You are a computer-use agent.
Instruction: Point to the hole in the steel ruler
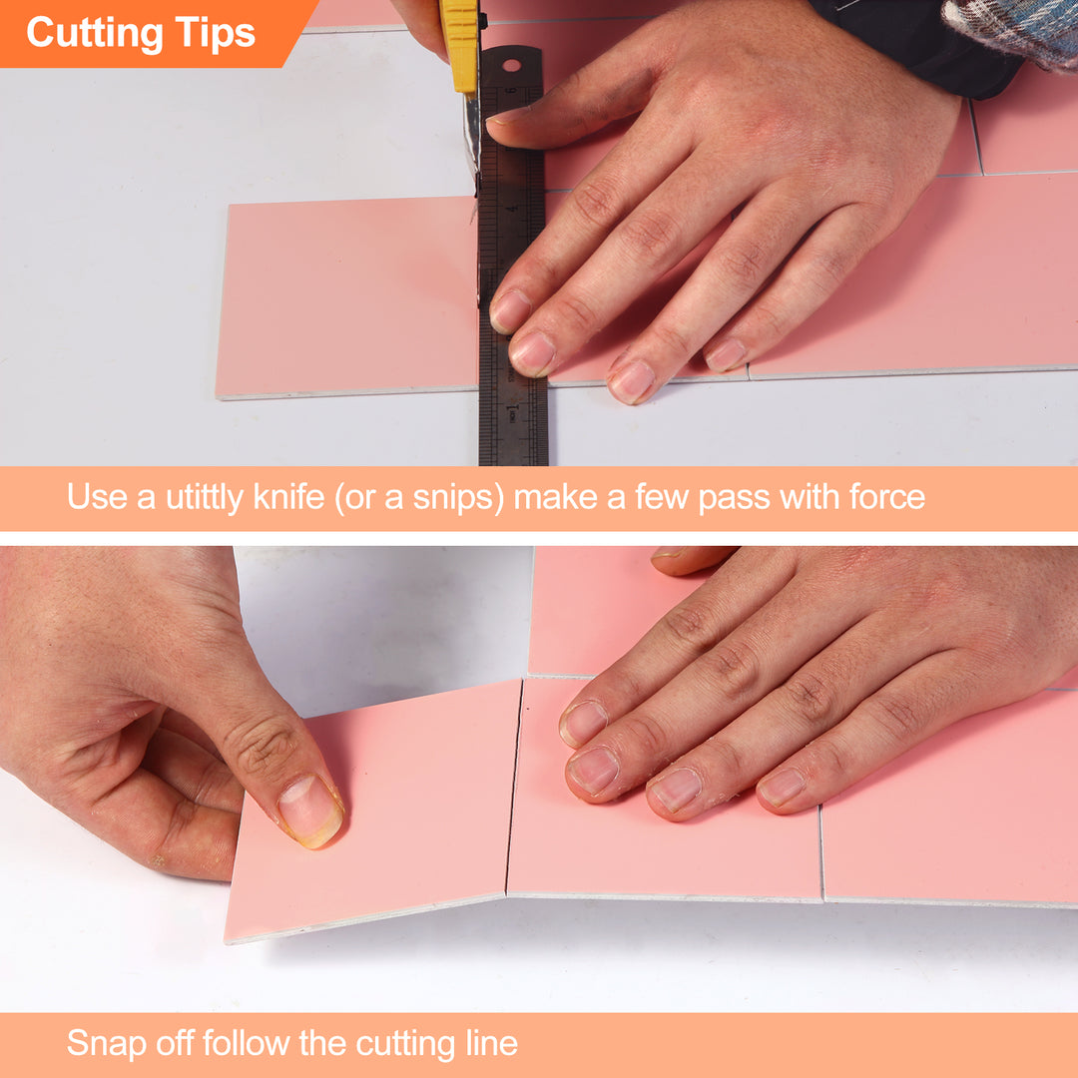pos(512,66)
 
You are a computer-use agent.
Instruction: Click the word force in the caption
pos(883,497)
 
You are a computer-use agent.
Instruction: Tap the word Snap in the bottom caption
pos(104,1044)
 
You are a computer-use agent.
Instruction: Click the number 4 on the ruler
pos(512,209)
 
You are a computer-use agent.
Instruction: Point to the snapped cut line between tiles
pos(513,789)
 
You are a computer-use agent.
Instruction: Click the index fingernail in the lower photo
pos(583,721)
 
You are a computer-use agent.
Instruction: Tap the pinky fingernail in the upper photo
pos(726,354)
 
